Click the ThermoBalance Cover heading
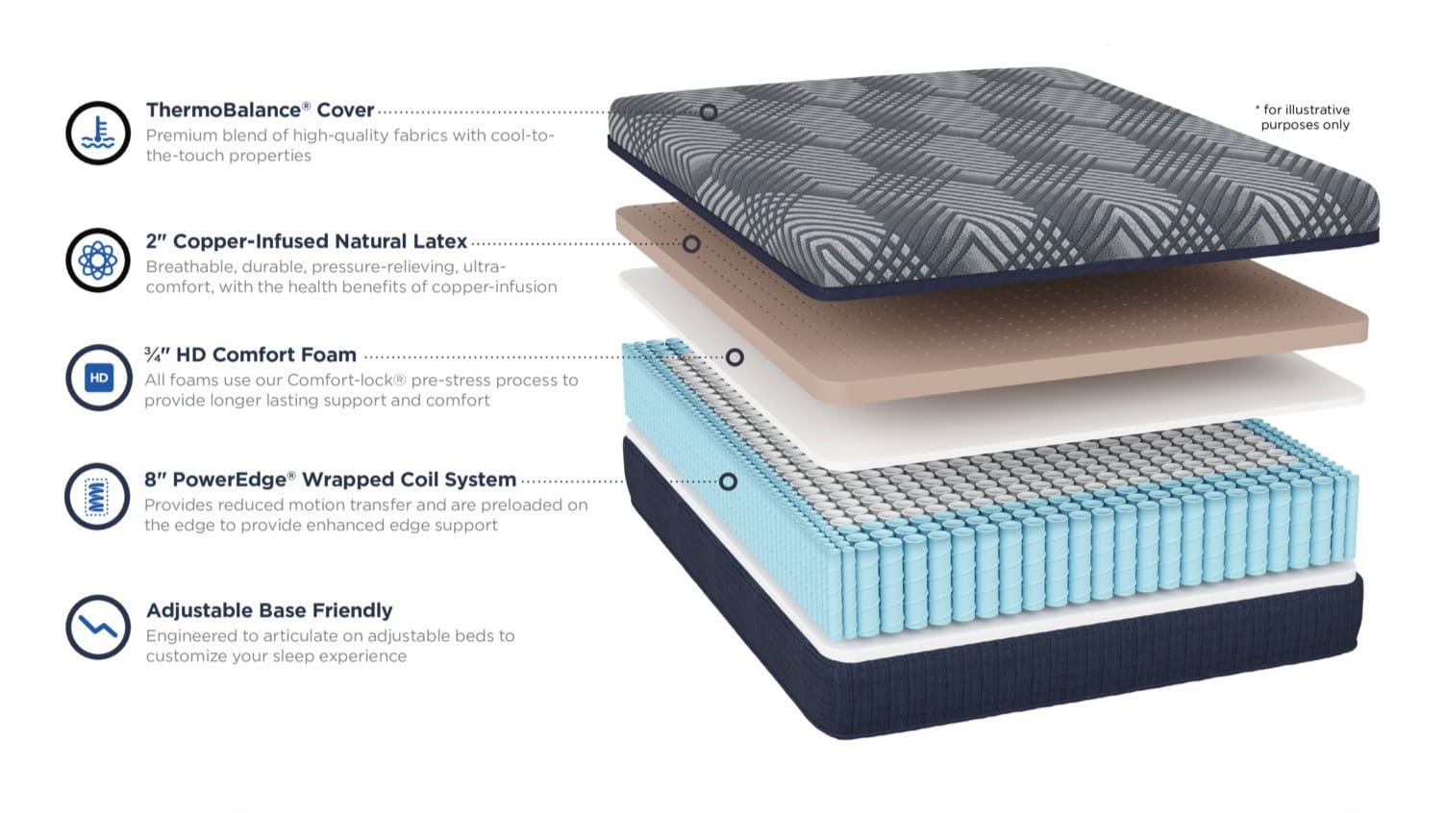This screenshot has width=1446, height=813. tap(260, 110)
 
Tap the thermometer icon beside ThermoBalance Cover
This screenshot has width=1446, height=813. tap(98, 133)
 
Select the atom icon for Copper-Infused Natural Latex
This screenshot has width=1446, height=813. tap(98, 260)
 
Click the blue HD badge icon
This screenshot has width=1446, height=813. tap(99, 378)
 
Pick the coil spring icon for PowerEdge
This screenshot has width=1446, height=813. tap(97, 496)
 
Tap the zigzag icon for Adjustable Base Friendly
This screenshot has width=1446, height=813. tap(98, 627)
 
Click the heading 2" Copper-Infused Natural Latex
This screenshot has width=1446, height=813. tap(306, 241)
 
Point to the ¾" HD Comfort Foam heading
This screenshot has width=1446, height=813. tap(251, 355)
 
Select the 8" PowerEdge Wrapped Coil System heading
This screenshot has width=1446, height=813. tap(330, 480)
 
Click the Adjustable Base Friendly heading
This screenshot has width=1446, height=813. tap(269, 609)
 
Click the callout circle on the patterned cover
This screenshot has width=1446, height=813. tap(709, 112)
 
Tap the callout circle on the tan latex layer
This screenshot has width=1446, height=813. tap(691, 244)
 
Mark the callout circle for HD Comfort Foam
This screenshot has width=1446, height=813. tap(735, 357)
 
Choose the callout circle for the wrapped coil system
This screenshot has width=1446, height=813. tap(728, 481)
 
